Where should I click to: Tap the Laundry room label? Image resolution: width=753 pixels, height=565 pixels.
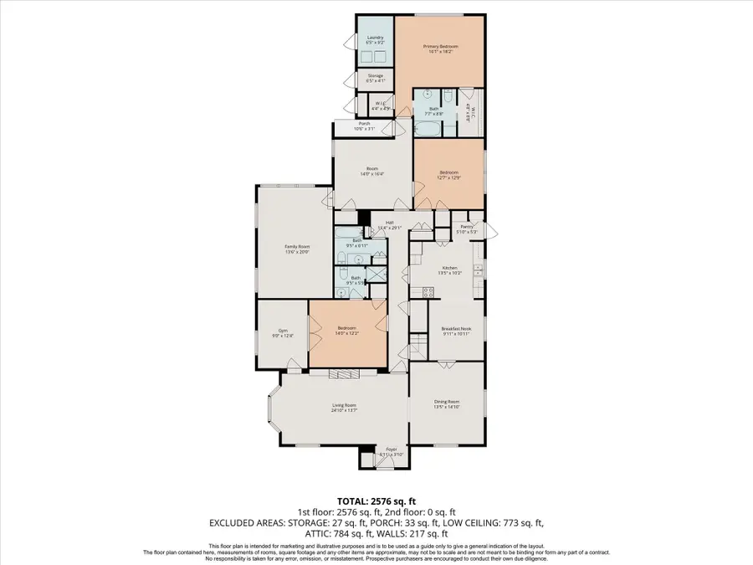click(369, 38)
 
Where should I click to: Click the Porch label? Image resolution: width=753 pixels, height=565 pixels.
click(364, 124)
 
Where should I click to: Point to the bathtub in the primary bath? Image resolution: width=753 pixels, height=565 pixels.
click(426, 128)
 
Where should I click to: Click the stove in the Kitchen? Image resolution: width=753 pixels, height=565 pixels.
click(428, 292)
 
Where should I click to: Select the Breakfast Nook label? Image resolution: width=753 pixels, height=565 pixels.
click(456, 330)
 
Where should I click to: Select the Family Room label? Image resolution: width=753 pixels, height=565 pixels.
click(297, 246)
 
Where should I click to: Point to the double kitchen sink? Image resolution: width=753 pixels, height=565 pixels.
click(478, 270)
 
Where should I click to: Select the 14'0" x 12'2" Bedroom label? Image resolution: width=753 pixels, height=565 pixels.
click(347, 328)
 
